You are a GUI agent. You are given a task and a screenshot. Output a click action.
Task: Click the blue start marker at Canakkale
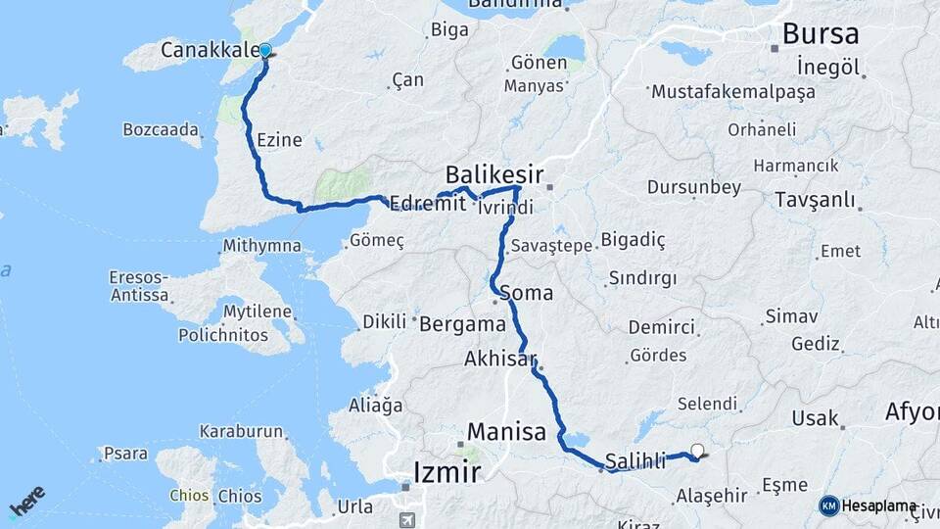[264, 50]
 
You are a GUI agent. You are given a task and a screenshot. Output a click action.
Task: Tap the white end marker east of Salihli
[697, 452]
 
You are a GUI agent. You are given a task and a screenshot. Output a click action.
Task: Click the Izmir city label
[446, 472]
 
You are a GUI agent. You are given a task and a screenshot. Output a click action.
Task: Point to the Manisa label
[506, 430]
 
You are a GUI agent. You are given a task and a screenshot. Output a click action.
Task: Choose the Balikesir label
[493, 174]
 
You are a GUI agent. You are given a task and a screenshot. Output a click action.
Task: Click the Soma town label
[526, 292]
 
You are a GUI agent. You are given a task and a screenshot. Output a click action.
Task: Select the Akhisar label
[501, 360]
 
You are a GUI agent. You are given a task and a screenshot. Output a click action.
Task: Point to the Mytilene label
[258, 313]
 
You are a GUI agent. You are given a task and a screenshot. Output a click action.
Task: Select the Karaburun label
[241, 431]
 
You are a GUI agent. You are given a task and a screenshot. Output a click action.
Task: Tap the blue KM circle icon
[828, 505]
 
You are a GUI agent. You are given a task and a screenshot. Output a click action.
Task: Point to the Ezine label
[279, 141]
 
